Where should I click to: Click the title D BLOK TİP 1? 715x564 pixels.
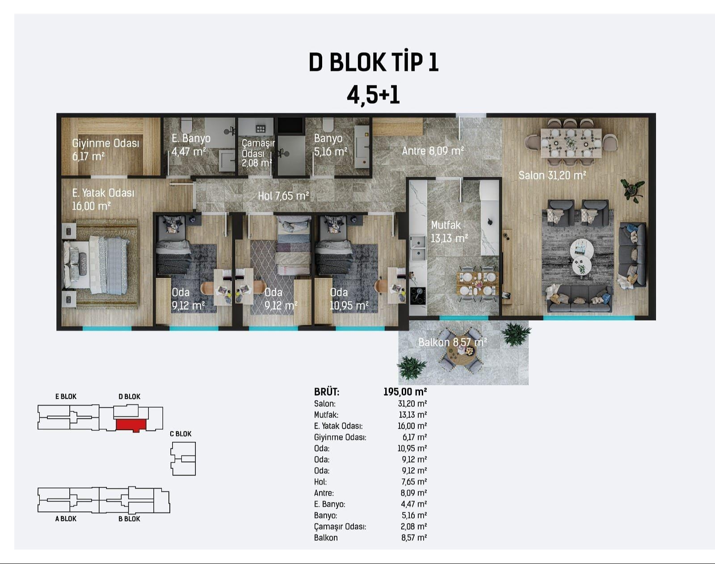[x=374, y=63]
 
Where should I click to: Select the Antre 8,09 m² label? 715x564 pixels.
[x=433, y=151]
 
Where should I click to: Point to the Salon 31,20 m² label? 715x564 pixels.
[x=552, y=175]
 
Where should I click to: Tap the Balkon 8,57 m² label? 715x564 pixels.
[x=453, y=342]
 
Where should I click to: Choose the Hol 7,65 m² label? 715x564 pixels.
[x=283, y=196]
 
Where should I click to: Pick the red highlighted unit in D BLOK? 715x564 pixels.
[x=131, y=425]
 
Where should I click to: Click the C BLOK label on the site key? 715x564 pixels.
[x=181, y=434]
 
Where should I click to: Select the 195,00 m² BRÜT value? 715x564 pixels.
[x=405, y=392]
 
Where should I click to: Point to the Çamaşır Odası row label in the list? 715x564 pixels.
[x=340, y=526]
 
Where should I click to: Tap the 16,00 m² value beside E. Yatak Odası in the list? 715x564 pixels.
[x=412, y=426]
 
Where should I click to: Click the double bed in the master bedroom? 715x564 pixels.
[x=97, y=264]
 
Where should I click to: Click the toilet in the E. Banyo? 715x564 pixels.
[x=187, y=125]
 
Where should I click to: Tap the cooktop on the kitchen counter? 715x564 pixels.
[x=418, y=296]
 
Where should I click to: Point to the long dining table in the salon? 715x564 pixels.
[x=571, y=143]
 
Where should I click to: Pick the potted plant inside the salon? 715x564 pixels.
[x=632, y=190]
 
